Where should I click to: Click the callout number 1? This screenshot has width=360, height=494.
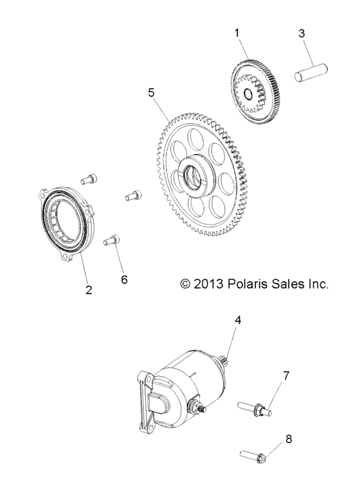[237, 31]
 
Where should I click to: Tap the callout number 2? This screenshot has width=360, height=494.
[89, 289]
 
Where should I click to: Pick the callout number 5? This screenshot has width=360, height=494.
[151, 93]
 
